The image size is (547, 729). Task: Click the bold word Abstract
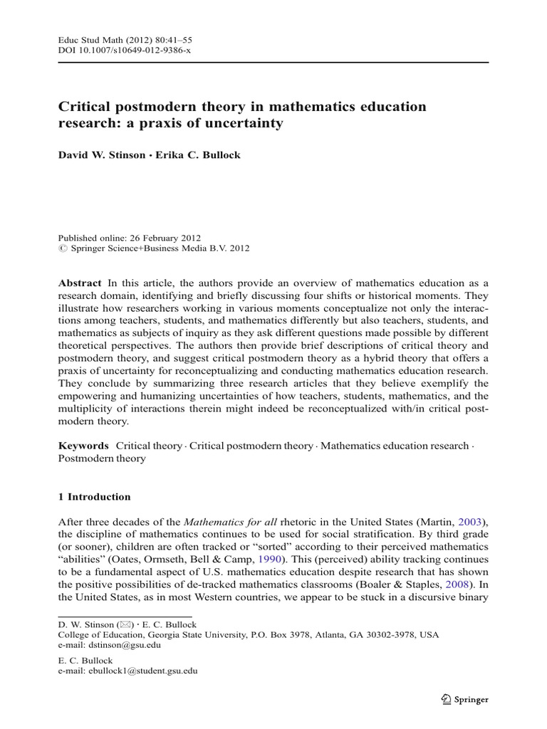point(80,283)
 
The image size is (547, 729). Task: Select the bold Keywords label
point(84,446)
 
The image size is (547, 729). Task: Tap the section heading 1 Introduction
point(94,497)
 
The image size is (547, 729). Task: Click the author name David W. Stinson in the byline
point(100,155)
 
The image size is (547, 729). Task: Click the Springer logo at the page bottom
point(464,699)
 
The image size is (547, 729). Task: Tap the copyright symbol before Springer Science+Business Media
point(61,248)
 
